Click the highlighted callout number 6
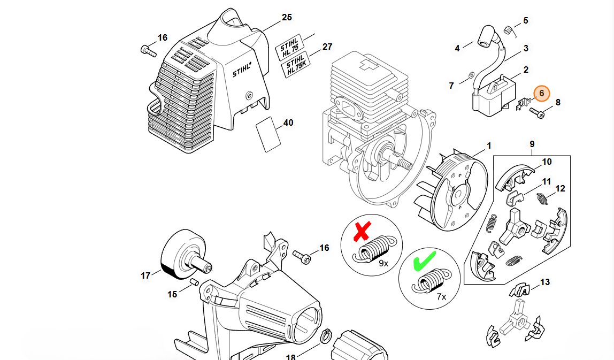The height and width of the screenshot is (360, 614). (542, 93)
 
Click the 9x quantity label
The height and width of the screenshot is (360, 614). (384, 264)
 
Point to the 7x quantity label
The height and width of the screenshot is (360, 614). (442, 295)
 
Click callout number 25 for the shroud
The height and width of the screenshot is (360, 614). (287, 18)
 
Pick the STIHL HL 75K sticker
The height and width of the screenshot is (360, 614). (296, 65)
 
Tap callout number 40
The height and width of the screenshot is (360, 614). (288, 123)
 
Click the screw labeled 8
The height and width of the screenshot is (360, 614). (536, 112)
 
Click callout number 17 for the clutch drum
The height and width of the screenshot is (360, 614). (145, 276)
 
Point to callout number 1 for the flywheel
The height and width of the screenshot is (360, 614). (489, 145)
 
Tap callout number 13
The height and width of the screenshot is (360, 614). (545, 282)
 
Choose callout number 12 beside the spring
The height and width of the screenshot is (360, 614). (560, 188)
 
